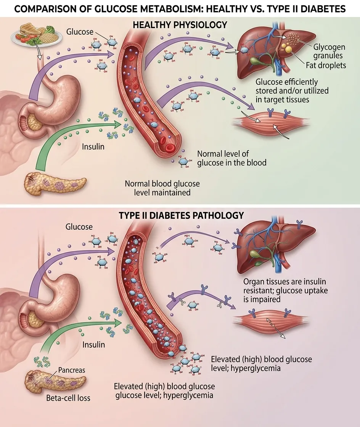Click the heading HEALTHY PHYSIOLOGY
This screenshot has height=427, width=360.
tap(180, 25)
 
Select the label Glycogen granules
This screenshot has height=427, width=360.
tap(329, 52)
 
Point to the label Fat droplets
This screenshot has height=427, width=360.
tap(326, 65)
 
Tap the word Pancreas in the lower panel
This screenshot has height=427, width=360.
tap(72, 370)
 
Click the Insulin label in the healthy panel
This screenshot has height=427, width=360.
tap(93, 146)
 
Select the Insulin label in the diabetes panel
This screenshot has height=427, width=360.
tap(93, 344)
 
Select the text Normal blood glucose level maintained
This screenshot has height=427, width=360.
tap(162, 188)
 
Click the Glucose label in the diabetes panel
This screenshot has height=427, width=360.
tap(79, 227)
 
